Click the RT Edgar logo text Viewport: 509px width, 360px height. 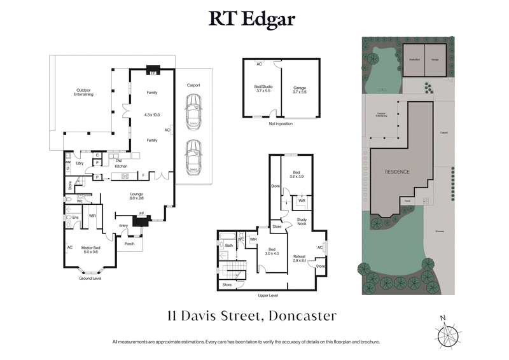pos(254,19)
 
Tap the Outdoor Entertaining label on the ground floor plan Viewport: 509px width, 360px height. pos(83,92)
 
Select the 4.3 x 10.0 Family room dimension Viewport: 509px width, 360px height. pos(152,114)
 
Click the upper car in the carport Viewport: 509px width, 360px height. pos(193,112)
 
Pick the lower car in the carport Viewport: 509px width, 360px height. pos(193,156)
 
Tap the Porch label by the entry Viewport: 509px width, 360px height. pos(129,242)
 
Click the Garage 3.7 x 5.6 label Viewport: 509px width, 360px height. pos(300,90)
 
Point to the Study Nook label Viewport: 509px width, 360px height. pos(302,222)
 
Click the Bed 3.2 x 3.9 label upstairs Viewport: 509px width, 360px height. pos(296,175)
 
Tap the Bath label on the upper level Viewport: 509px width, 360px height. pos(228,244)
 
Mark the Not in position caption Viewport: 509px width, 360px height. pos(281,123)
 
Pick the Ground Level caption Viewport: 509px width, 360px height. pos(90,279)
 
